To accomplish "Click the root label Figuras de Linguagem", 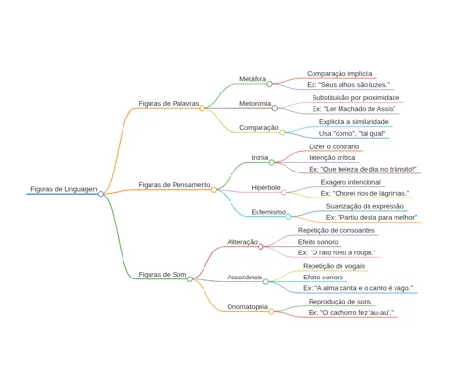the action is click(64, 189).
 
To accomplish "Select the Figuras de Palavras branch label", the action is click(169, 103).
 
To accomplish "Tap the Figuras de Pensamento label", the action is click(175, 185).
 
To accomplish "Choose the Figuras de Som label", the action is click(162, 274).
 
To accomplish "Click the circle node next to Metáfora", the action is click(269, 84).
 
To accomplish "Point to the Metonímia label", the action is click(255, 103).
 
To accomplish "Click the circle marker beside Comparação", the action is click(282, 132).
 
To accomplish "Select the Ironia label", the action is click(259, 158).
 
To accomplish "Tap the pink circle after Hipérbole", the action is click(284, 192).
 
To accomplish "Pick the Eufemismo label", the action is click(268, 212).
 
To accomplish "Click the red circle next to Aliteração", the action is click(260, 247).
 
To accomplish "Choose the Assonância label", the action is click(244, 277).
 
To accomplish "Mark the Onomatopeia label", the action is click(247, 307).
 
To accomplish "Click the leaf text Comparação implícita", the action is click(340, 73).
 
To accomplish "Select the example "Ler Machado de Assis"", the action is click(354, 109).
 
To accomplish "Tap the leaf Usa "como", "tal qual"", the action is click(352, 133).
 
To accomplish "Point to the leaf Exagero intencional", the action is click(350, 182).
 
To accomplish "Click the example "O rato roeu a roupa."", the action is click(337, 252).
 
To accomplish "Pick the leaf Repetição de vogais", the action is click(334, 266).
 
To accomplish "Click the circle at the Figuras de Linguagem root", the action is click(101, 194).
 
